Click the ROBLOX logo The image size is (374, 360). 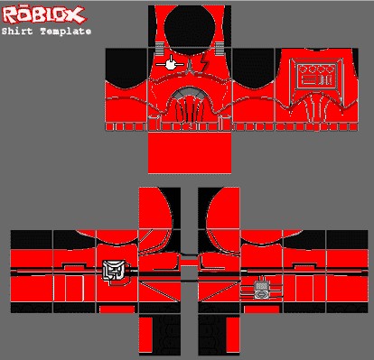(x=43, y=15)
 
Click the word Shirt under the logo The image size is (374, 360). (x=17, y=31)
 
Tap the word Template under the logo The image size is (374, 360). (x=66, y=32)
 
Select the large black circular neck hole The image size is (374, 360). (x=190, y=30)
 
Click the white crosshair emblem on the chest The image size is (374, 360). (x=170, y=64)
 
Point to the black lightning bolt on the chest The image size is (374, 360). (x=204, y=62)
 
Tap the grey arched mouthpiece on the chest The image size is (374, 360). (x=190, y=93)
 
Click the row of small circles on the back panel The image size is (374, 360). (x=316, y=69)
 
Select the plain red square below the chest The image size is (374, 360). (x=190, y=152)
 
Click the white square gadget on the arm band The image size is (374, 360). (x=113, y=271)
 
